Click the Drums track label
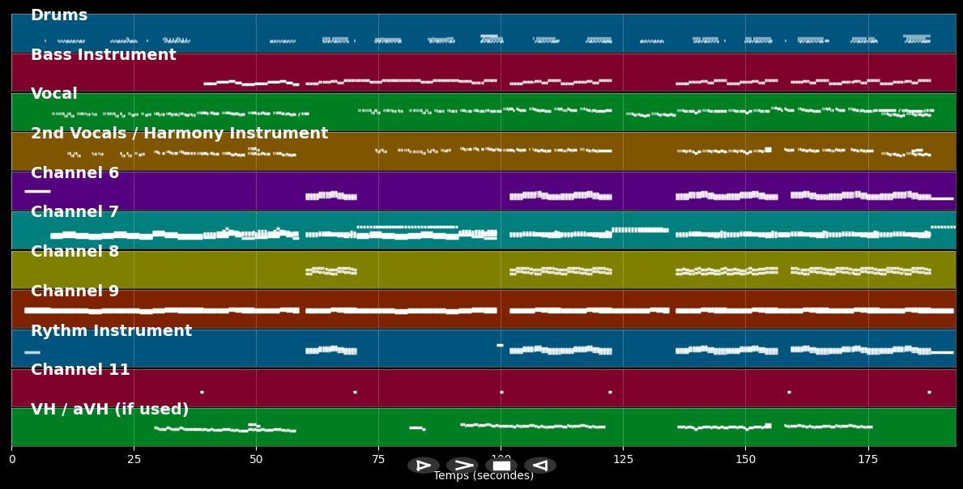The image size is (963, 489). coord(59,15)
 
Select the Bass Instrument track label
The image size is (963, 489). coord(103,55)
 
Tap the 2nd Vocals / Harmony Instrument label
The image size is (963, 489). coord(179,134)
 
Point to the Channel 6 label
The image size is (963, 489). coord(75,173)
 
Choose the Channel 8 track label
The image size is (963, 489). coord(75,252)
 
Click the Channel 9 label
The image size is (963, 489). coord(75,291)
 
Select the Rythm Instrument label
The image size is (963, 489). coord(111,331)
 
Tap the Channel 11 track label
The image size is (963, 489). coord(80,370)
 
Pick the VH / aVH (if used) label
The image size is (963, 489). coord(109,410)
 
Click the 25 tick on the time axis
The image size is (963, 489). coord(134,460)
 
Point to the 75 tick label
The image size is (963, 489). coord(378,460)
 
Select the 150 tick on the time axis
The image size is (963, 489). coord(745,460)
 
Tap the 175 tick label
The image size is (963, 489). coord(867,460)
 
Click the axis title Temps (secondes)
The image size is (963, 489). coord(484,476)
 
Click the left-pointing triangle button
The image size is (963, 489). coord(540,466)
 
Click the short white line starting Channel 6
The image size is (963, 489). coord(37,191)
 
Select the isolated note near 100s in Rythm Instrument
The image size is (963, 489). coord(500,346)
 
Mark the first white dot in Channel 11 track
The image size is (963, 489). coord(202,393)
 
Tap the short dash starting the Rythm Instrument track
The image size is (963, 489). coord(32,352)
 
